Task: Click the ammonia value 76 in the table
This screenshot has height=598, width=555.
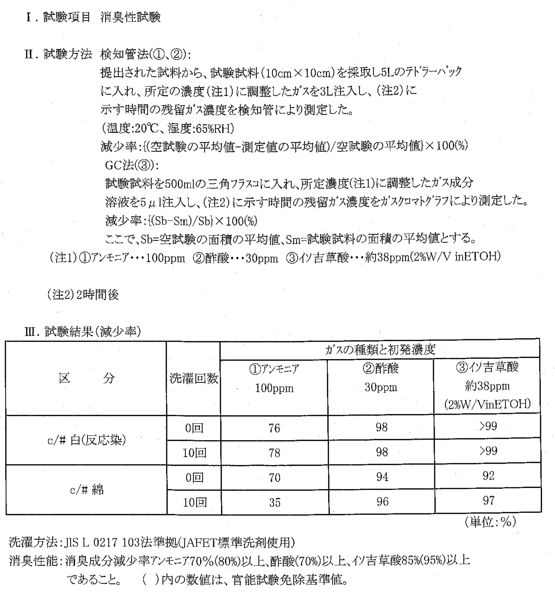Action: click(x=274, y=428)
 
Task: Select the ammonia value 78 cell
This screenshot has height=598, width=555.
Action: click(x=274, y=453)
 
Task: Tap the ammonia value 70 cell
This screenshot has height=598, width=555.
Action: click(x=275, y=478)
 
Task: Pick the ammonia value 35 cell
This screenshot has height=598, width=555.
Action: click(x=275, y=503)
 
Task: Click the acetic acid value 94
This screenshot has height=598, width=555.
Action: click(x=382, y=477)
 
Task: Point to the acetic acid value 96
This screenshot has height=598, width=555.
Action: click(x=382, y=501)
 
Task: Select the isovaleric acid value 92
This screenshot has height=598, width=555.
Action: click(x=488, y=476)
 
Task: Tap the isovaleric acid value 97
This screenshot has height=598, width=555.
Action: click(x=489, y=500)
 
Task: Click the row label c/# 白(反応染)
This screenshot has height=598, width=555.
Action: click(x=86, y=440)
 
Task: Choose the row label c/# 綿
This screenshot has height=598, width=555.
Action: click(x=86, y=490)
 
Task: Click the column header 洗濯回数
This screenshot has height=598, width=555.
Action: click(x=194, y=378)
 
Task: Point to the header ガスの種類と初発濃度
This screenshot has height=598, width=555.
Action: click(x=380, y=349)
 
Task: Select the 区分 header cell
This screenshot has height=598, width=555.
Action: click(x=86, y=378)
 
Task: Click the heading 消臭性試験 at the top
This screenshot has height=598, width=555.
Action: click(x=130, y=17)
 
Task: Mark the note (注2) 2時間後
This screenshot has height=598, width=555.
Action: click(x=83, y=295)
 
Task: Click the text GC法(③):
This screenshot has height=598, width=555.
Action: click(x=132, y=165)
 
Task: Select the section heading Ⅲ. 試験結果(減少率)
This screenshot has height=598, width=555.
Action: click(x=83, y=332)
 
